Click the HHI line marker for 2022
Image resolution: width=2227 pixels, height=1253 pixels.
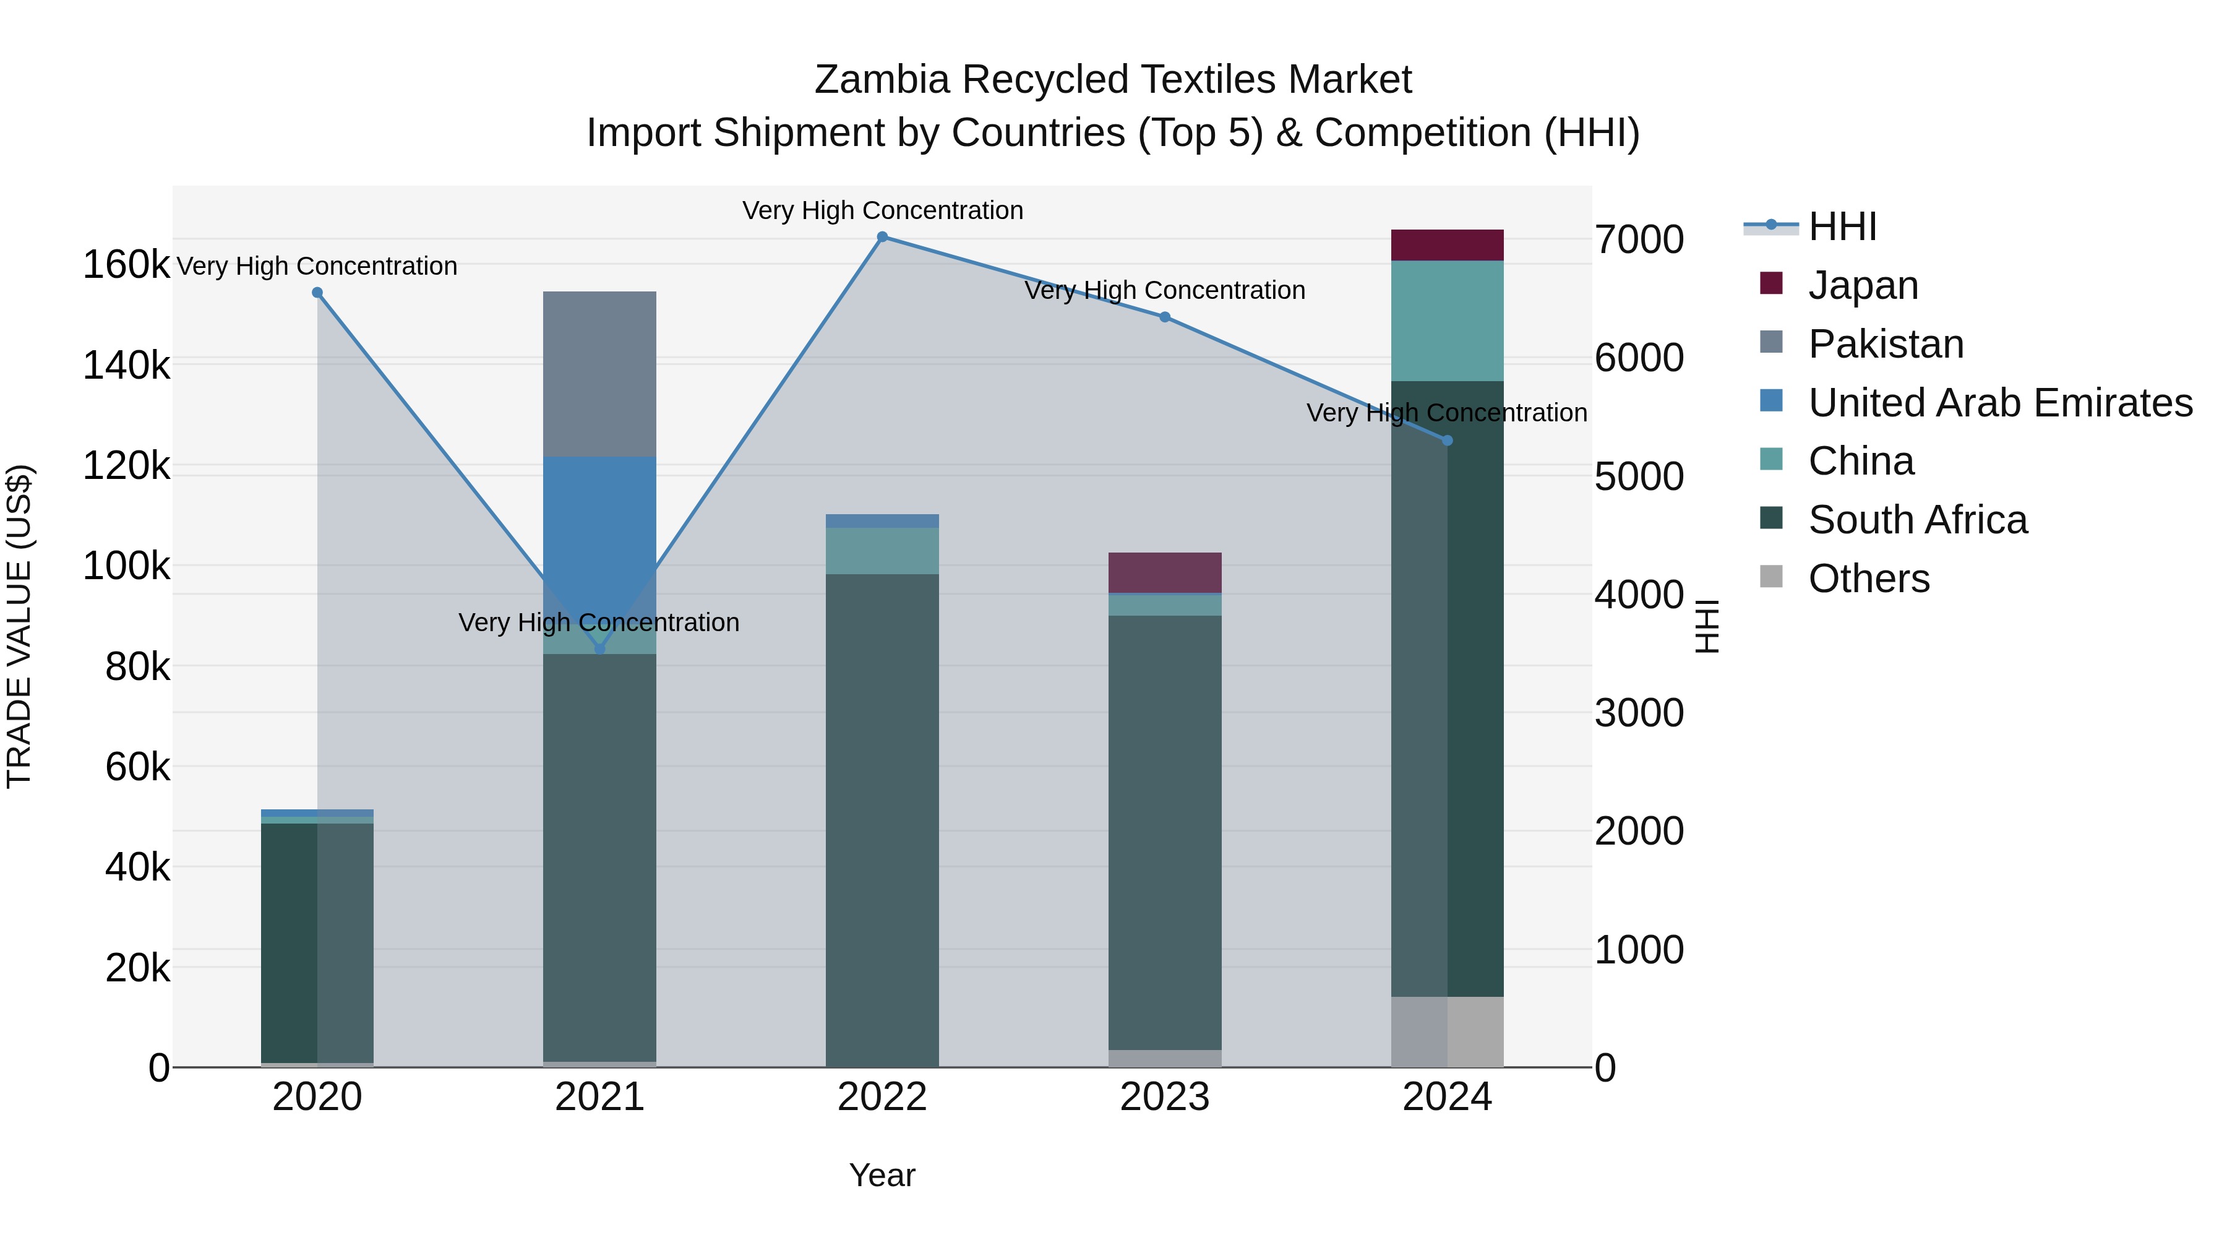882,236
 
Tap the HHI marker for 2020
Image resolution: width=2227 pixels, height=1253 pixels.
317,292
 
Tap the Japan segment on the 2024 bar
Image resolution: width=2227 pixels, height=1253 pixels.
1447,244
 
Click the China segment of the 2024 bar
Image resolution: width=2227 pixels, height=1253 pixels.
1447,320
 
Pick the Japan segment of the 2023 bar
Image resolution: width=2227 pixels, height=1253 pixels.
1164,572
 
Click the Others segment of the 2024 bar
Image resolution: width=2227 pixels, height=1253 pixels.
1447,1031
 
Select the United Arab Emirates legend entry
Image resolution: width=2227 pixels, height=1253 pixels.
1999,402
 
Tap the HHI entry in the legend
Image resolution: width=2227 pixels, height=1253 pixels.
1842,226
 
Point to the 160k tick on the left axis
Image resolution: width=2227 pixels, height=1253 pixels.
126,265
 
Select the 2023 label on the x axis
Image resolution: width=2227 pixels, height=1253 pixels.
1164,1097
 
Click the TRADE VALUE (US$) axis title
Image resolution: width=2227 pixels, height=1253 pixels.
19,626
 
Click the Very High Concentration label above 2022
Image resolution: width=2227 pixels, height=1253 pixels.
882,210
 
